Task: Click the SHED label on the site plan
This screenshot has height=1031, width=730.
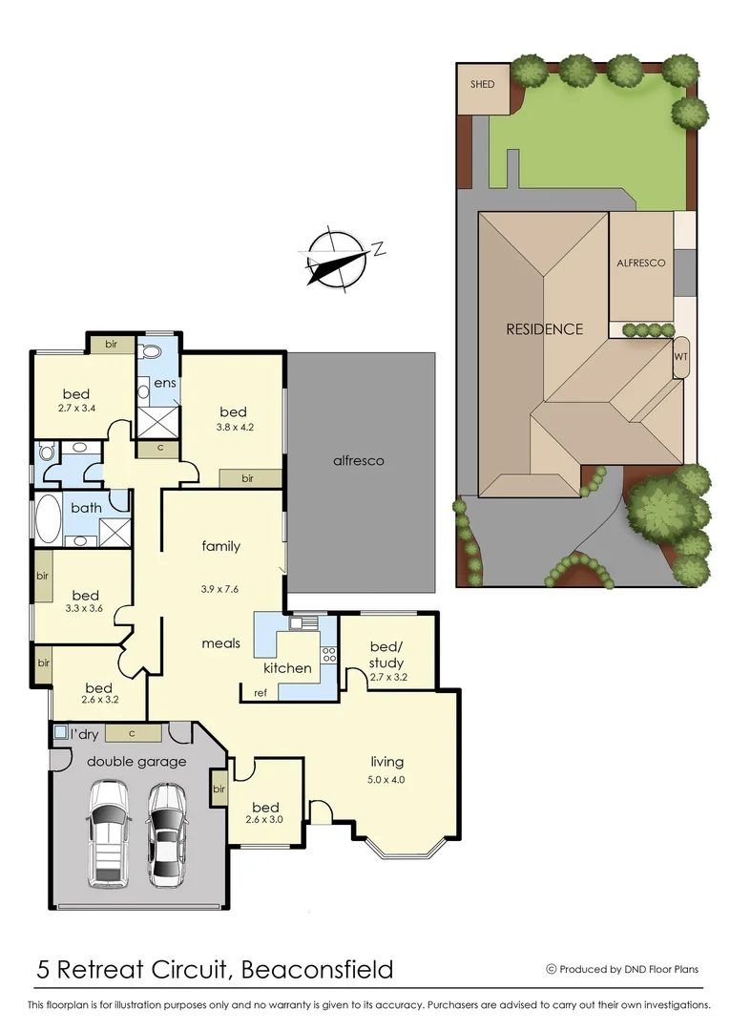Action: point(483,84)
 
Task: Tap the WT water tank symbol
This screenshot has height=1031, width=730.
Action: point(680,357)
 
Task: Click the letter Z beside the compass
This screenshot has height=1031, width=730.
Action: point(379,250)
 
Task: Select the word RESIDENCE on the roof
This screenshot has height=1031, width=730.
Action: point(544,329)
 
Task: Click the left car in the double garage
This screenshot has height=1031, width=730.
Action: point(109,832)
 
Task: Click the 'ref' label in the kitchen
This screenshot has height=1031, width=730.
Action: point(260,692)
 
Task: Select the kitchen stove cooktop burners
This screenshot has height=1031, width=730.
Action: point(329,655)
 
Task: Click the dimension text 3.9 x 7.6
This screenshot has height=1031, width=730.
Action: point(220,587)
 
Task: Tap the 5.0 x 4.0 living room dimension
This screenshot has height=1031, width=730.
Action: point(386,779)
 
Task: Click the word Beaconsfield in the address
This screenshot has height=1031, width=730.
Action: point(317,970)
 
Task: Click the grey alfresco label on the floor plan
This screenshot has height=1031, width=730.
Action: point(358,460)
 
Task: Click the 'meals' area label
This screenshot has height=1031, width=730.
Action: point(220,642)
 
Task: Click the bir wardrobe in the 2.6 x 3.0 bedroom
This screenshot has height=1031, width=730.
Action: point(219,789)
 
